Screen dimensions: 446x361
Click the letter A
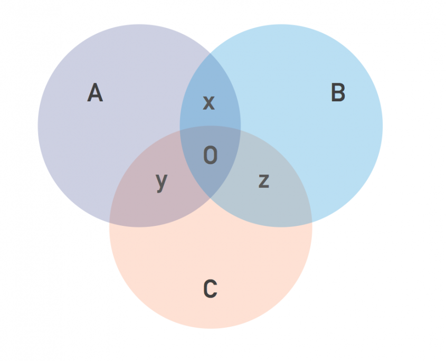point(94,92)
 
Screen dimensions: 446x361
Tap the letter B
point(338,92)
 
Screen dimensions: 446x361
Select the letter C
point(211,289)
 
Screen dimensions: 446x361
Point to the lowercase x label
point(209,103)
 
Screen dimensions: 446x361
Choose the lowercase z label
point(264,181)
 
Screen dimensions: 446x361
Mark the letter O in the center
point(211,155)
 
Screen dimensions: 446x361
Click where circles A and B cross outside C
point(210,53)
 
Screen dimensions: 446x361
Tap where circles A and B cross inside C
point(210,198)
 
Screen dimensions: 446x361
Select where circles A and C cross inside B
point(241,130)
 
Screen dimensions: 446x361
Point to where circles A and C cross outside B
point(110,223)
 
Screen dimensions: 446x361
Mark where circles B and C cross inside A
point(180,130)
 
